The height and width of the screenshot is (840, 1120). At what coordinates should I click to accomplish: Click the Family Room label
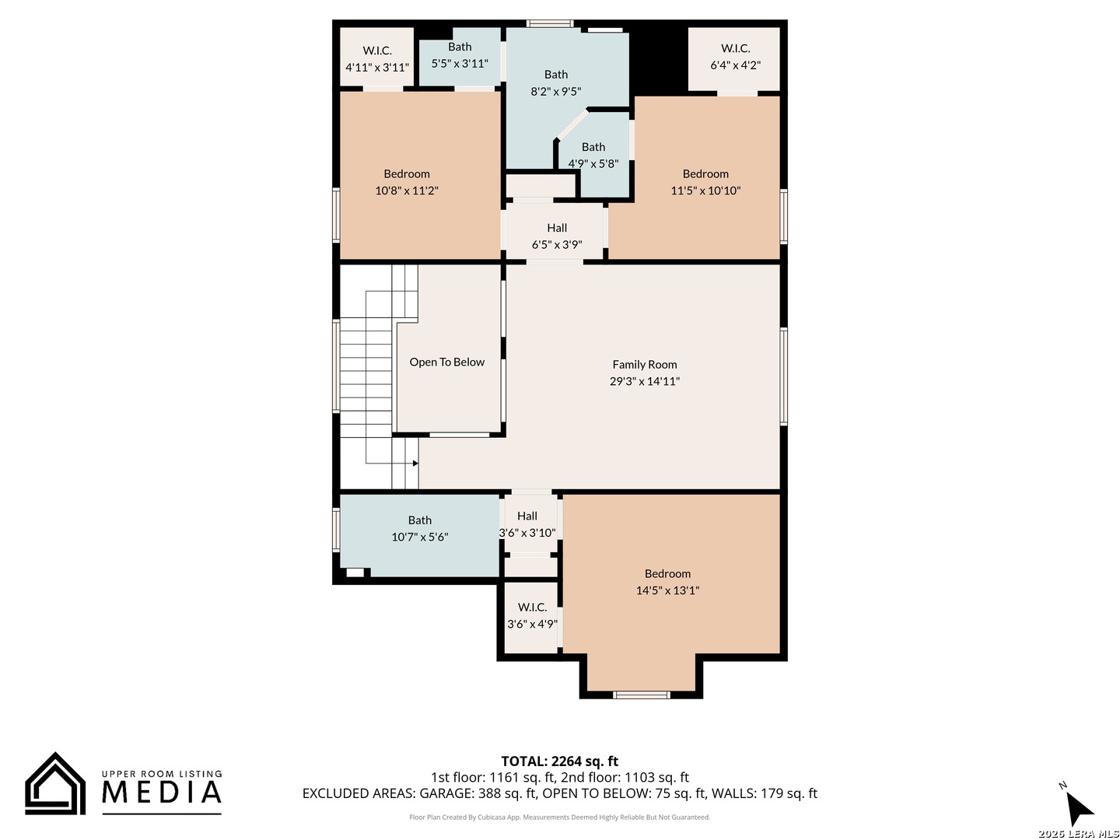click(x=645, y=364)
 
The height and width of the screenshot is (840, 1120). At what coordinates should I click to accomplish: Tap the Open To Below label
click(x=446, y=362)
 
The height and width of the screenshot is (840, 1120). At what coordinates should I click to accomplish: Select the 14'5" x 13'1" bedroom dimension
click(x=667, y=590)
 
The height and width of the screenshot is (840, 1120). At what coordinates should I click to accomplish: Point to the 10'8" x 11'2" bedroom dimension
click(x=407, y=191)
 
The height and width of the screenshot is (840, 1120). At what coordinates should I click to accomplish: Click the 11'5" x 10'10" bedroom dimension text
click(x=705, y=191)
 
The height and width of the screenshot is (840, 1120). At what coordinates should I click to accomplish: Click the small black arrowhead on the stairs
click(x=415, y=463)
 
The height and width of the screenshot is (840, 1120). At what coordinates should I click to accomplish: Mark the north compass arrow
click(x=1079, y=807)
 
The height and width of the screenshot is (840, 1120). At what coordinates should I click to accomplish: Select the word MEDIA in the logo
click(x=162, y=792)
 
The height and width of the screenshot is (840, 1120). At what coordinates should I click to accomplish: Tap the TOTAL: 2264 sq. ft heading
click(x=559, y=761)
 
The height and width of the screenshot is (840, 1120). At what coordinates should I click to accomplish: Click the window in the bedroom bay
click(x=641, y=695)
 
